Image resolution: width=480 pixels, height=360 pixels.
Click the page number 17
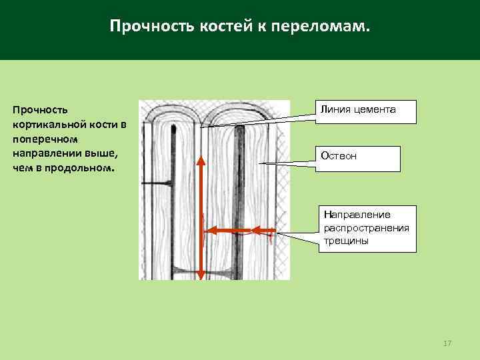coord(447,343)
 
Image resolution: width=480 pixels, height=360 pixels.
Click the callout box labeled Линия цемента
coord(366,111)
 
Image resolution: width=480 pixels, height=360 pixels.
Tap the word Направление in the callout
coord(357,215)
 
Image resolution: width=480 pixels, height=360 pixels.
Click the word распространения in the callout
coord(366,227)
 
